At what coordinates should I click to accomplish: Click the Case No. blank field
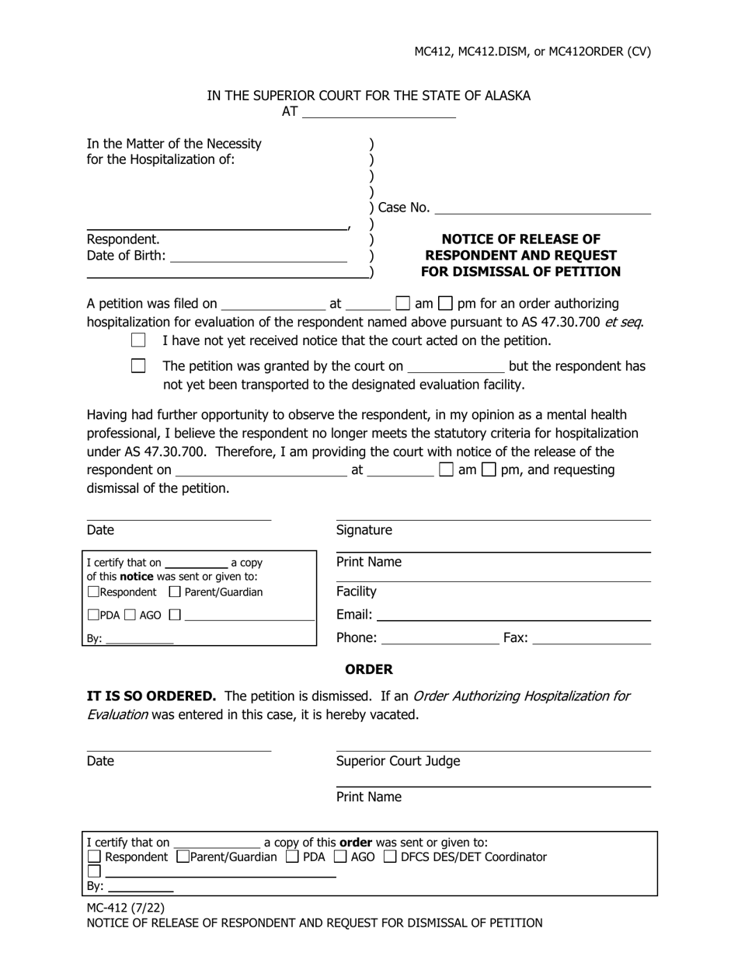pos(542,208)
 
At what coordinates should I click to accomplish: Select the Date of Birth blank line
pos(258,256)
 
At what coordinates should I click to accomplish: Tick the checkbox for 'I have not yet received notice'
pos(138,340)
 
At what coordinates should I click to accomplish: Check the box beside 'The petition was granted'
pos(138,366)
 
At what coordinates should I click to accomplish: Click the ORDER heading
pos(369,669)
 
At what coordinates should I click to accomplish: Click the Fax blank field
pos(591,638)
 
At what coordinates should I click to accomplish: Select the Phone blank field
pos(440,638)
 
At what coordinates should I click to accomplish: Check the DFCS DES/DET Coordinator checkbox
pos(391,857)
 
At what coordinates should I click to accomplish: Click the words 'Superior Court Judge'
pos(398,761)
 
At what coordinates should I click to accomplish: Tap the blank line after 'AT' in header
pos(378,112)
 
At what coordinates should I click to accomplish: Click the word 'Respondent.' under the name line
pos(123,239)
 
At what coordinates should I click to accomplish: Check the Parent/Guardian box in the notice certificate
pos(175,592)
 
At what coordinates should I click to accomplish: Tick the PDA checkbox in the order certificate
pos(293,857)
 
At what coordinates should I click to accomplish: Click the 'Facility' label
pos(356,591)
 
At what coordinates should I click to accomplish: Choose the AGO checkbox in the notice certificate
pos(130,616)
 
